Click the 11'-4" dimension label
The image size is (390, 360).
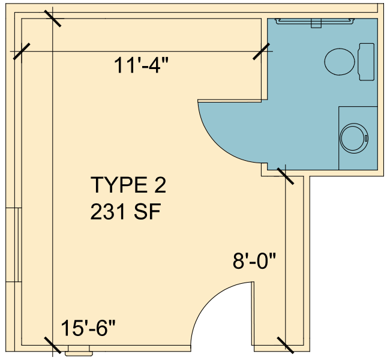tap(141, 65)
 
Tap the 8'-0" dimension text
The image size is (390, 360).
tap(254, 261)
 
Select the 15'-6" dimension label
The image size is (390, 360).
tap(88, 328)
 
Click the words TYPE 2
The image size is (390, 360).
tap(128, 185)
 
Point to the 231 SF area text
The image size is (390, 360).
tap(125, 211)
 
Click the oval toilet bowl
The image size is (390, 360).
tap(340, 62)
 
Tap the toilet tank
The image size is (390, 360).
tap(366, 62)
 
